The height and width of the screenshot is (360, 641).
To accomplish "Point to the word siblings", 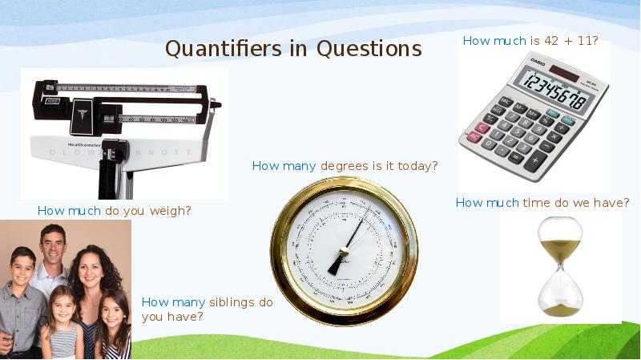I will (233, 302).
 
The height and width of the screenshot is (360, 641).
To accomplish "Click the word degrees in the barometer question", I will (345, 166).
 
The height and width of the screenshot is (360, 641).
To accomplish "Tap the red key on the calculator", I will (482, 127).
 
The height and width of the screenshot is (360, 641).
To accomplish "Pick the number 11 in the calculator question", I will (587, 41).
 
